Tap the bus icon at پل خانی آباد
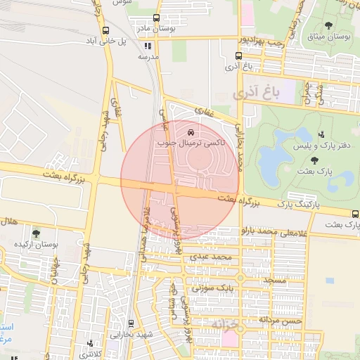[x=105, y=30]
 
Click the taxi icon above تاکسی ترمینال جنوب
[x=191, y=131]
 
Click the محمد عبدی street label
[x=214, y=258]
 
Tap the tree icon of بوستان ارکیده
[x=36, y=233]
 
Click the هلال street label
[x=9, y=221]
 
